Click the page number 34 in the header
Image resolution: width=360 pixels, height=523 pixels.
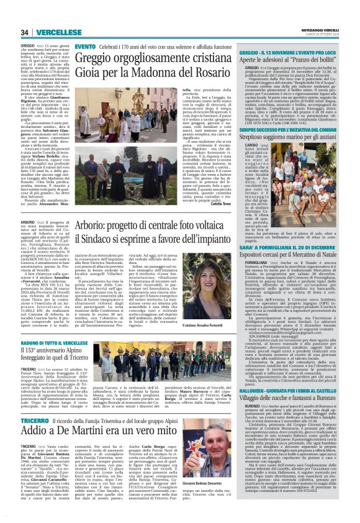click(x=25, y=32)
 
